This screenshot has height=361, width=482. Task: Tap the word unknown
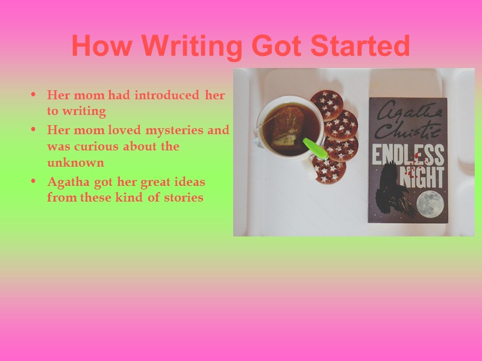tap(75, 162)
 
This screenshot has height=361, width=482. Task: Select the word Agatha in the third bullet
tap(66, 182)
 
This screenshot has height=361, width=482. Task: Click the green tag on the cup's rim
tap(315, 148)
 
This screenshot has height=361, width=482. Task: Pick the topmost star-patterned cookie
tap(327, 103)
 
